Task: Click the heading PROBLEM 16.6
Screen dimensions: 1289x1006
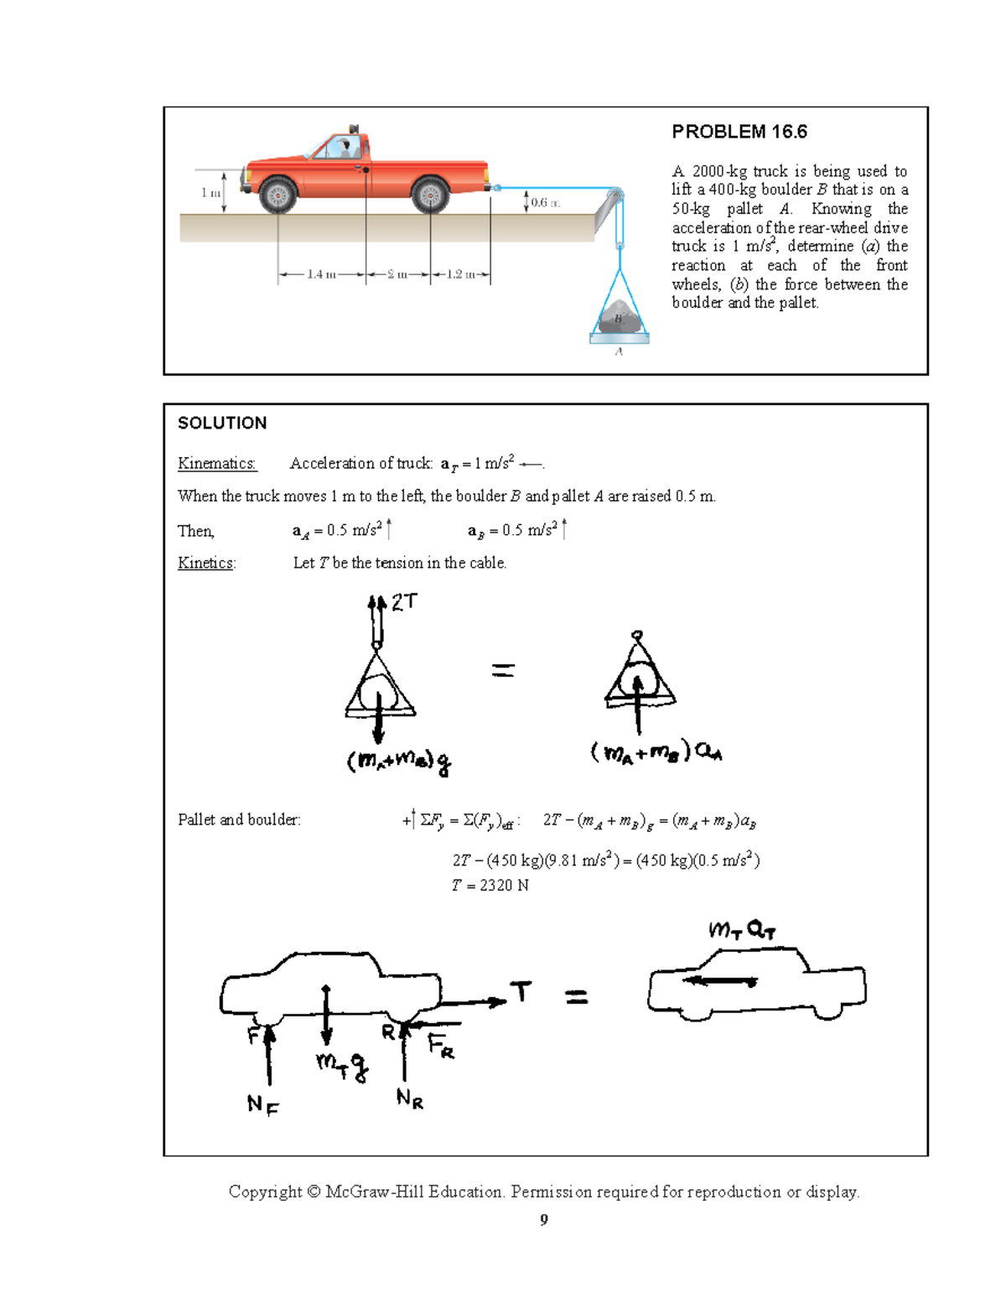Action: click(739, 132)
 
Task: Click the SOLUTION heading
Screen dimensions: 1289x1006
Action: click(222, 423)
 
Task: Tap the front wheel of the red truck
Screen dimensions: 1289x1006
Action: click(277, 195)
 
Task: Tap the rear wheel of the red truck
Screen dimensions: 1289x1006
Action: click(430, 195)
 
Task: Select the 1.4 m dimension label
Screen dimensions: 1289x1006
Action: click(321, 274)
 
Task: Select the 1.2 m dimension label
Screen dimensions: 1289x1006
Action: click(460, 274)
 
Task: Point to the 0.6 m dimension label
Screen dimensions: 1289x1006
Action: click(545, 202)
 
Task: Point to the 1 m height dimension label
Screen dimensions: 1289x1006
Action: click(210, 193)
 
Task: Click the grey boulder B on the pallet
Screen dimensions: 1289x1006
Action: click(619, 318)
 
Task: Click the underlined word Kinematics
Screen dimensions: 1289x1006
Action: click(216, 463)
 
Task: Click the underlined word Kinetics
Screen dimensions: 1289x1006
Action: click(206, 563)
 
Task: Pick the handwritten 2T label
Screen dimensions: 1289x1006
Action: click(404, 601)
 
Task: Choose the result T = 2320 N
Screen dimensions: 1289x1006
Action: click(490, 885)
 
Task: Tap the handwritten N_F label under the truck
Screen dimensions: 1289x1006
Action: click(262, 1104)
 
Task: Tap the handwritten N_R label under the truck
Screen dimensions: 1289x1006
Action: click(410, 1098)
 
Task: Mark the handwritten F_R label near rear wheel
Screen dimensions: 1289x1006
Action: click(441, 1046)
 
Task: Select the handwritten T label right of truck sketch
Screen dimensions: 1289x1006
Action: click(521, 991)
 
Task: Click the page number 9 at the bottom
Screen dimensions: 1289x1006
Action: click(544, 1219)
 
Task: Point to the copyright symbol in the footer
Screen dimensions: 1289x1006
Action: click(314, 1192)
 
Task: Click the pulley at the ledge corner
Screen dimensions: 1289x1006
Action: click(615, 196)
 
